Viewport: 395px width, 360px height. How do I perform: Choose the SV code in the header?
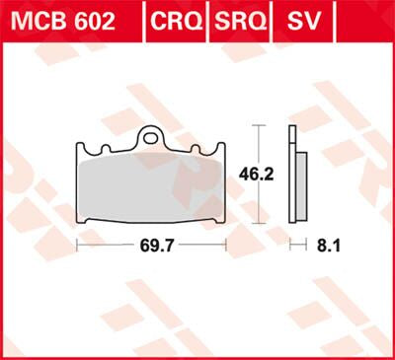click(x=301, y=21)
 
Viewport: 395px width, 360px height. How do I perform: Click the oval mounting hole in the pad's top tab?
click(x=151, y=139)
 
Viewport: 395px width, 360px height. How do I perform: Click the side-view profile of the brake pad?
click(x=293, y=178)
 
